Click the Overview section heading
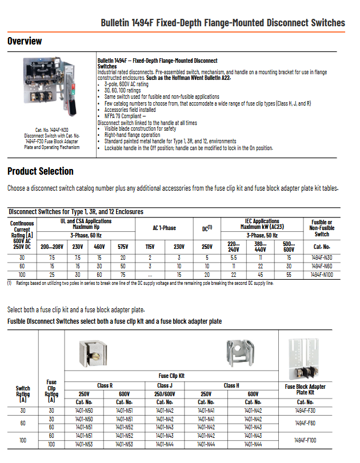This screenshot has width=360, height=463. click(x=25, y=41)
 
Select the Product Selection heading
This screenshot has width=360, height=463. click(x=41, y=171)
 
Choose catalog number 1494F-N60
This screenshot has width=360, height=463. click(x=322, y=266)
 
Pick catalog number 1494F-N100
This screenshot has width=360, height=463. click(x=322, y=275)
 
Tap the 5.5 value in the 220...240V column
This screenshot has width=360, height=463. click(x=233, y=258)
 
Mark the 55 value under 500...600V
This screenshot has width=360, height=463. click(x=289, y=275)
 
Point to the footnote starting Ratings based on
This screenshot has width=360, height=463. click(x=143, y=283)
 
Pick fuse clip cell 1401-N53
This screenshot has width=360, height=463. click(x=124, y=444)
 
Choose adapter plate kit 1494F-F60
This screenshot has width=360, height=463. click(x=305, y=423)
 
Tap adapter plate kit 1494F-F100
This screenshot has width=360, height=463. click(x=305, y=440)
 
